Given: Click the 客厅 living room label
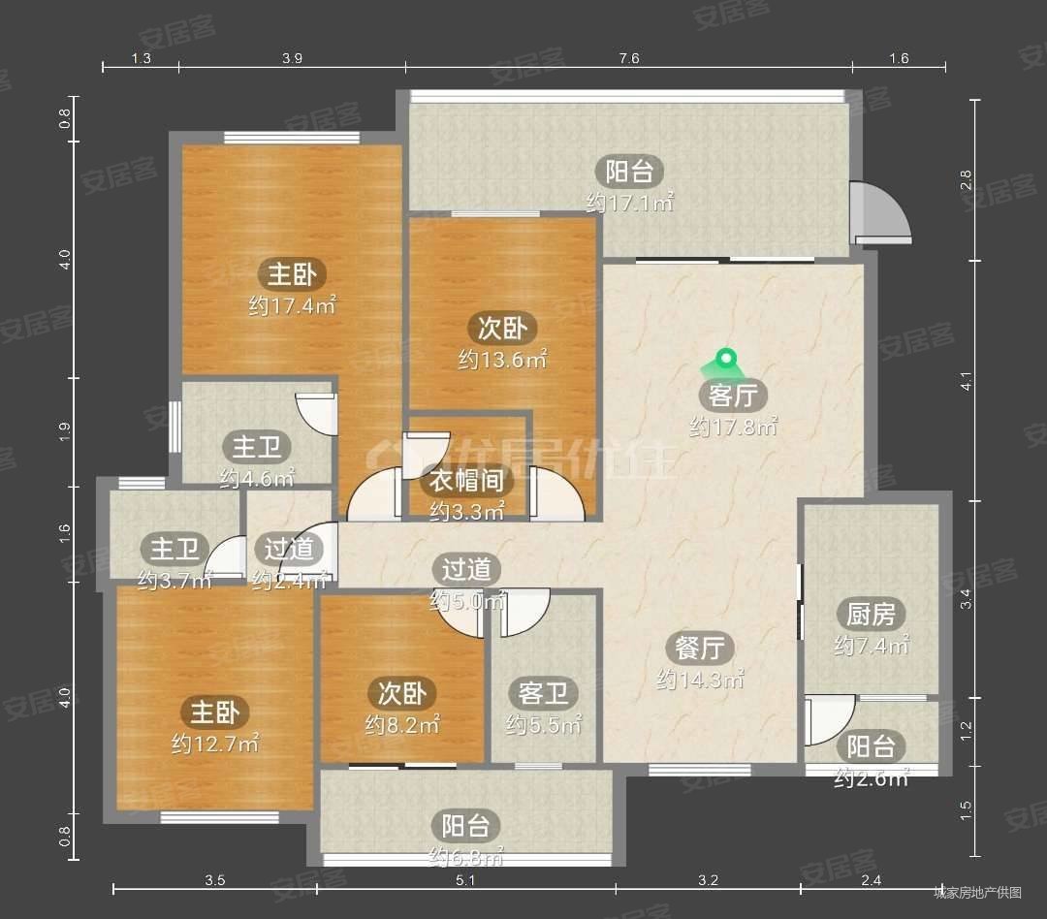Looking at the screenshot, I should (733, 396).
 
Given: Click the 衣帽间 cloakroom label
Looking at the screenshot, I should (466, 480).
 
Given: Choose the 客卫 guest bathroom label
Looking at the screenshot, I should (543, 693).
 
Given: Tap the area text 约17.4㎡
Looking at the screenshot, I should (292, 306).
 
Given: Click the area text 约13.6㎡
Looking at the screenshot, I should (502, 360).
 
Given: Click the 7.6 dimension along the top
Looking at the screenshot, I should (628, 58).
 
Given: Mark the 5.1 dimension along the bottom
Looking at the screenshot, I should (465, 880).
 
